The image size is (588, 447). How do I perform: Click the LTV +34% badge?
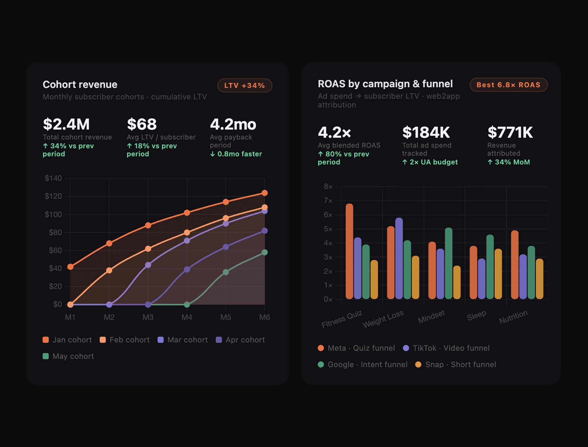tap(245, 86)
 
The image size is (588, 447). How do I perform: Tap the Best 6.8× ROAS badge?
tap(508, 85)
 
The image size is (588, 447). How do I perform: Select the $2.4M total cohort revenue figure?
tap(66, 124)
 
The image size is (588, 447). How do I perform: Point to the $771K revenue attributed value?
tap(510, 132)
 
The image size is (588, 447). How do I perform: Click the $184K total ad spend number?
tap(426, 132)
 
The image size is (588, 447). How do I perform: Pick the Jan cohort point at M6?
tap(265, 193)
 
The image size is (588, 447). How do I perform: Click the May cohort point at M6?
tap(265, 253)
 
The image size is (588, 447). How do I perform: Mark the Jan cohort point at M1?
tap(70, 267)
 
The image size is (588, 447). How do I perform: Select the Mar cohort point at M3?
tap(148, 265)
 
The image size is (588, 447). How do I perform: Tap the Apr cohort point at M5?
tap(226, 247)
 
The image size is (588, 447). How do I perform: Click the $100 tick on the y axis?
tap(53, 214)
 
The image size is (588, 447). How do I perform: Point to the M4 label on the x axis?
tap(187, 317)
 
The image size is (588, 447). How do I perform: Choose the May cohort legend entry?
tap(68, 356)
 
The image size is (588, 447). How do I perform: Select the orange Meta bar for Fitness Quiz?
tap(349, 252)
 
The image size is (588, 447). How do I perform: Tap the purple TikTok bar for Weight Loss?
tap(399, 259)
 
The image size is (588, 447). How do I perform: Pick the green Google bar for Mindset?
tap(448, 264)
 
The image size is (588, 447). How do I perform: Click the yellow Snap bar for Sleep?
tap(498, 274)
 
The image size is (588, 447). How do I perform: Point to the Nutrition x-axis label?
tap(513, 317)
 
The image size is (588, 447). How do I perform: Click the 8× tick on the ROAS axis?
tap(328, 186)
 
